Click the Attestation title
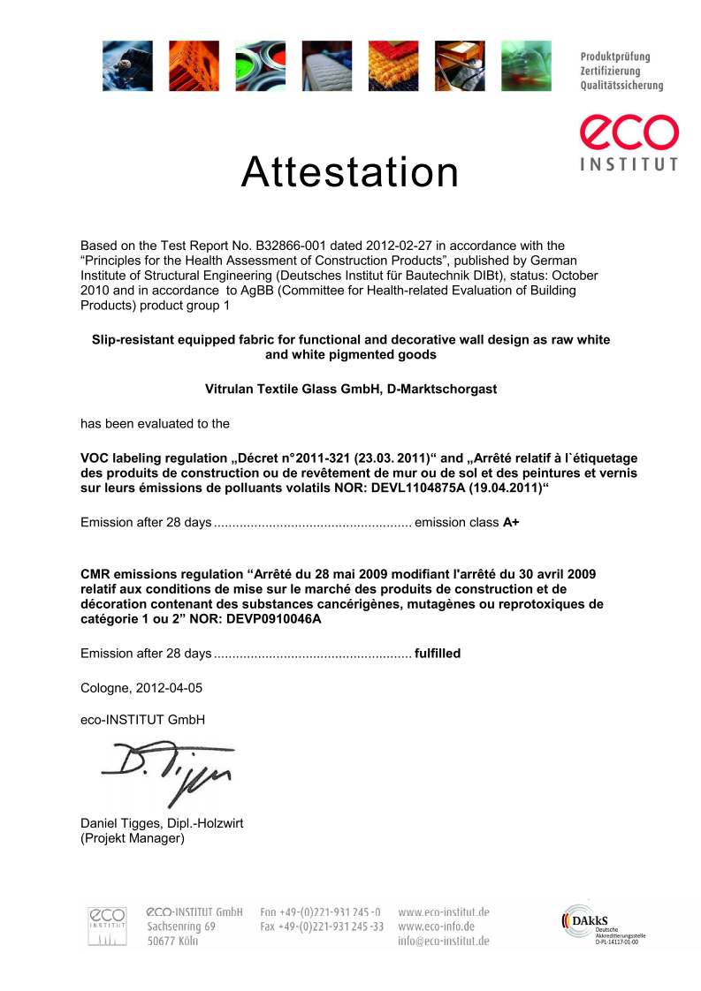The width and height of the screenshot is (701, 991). pos(350,172)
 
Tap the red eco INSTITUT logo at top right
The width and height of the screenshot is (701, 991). pos(629,141)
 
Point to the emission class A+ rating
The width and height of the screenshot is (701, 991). pos(511,522)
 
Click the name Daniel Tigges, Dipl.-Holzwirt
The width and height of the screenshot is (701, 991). pos(162,823)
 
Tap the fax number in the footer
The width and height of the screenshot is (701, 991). pos(322,927)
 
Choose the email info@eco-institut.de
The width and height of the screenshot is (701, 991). pos(444,942)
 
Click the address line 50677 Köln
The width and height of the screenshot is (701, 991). pos(172,942)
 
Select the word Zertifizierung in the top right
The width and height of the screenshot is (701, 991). pos(610,71)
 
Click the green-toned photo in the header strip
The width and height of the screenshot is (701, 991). pos(527,65)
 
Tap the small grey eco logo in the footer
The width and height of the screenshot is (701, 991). pos(107,925)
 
